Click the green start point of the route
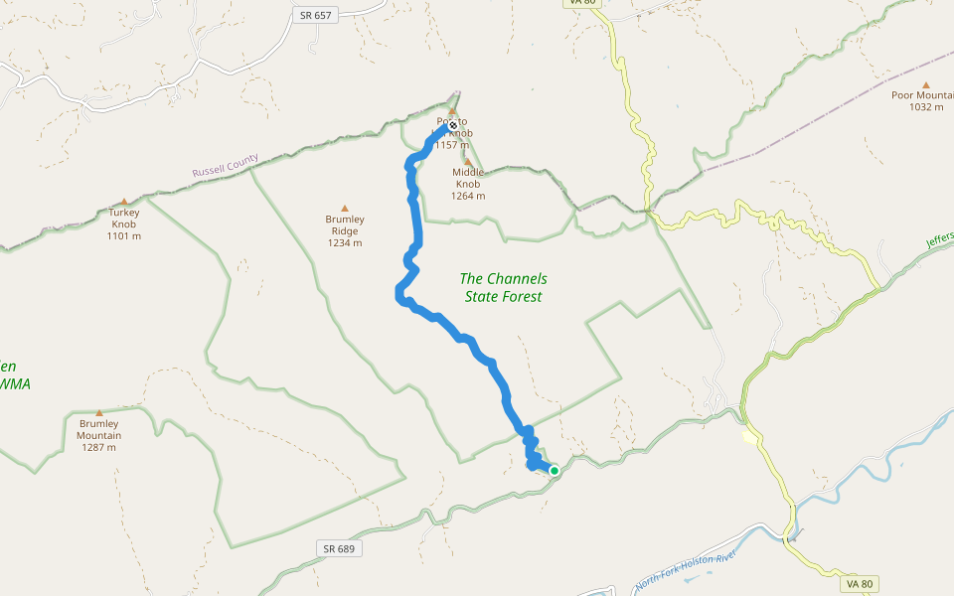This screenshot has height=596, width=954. point(554,470)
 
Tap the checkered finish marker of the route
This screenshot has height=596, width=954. point(452,125)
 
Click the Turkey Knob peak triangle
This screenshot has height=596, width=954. point(124,201)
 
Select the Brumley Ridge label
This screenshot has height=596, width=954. point(345,225)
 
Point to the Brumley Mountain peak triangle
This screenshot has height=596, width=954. point(99,413)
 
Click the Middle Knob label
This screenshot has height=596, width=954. point(468,178)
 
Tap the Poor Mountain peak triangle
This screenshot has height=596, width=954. point(926,85)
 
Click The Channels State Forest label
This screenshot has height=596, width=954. point(504,287)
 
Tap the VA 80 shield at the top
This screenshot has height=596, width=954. point(583,3)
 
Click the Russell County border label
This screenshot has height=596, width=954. point(226,165)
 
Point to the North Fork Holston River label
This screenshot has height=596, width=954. point(687,570)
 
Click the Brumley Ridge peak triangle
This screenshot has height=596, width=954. point(345,209)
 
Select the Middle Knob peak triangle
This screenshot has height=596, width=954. point(468,162)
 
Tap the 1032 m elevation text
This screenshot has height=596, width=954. point(926,107)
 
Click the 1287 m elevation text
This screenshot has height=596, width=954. point(99,447)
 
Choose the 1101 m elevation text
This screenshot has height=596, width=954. point(124,235)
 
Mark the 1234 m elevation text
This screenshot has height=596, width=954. point(345,242)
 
